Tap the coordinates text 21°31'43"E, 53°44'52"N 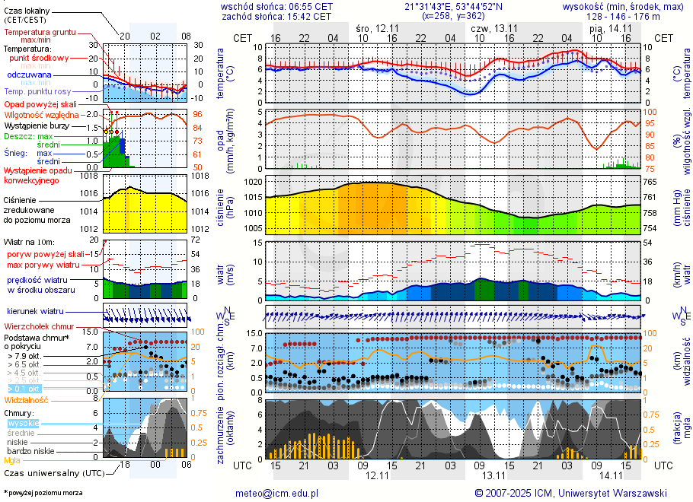453,6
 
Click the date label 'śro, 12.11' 377,28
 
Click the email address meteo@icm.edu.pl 276,493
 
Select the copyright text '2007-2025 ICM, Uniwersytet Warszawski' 576,493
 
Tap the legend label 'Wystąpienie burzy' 37,125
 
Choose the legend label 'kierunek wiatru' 34,311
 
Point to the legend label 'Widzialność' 27,399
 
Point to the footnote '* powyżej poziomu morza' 43,493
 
